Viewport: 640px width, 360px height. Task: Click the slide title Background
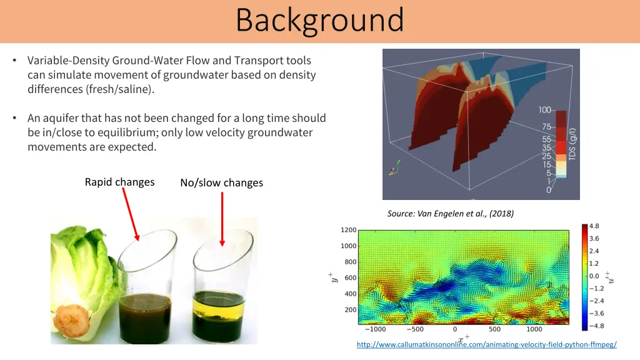319,20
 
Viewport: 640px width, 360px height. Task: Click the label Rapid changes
119,182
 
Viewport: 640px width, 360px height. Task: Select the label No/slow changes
221,182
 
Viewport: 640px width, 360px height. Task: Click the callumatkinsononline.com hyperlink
486,344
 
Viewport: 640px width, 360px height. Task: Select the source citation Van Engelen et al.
450,214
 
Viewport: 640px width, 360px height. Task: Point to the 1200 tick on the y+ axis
348,230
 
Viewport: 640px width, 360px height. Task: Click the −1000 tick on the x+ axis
375,329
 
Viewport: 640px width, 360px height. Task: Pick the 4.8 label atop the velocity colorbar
594,226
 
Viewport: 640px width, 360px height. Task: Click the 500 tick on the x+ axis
494,329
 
